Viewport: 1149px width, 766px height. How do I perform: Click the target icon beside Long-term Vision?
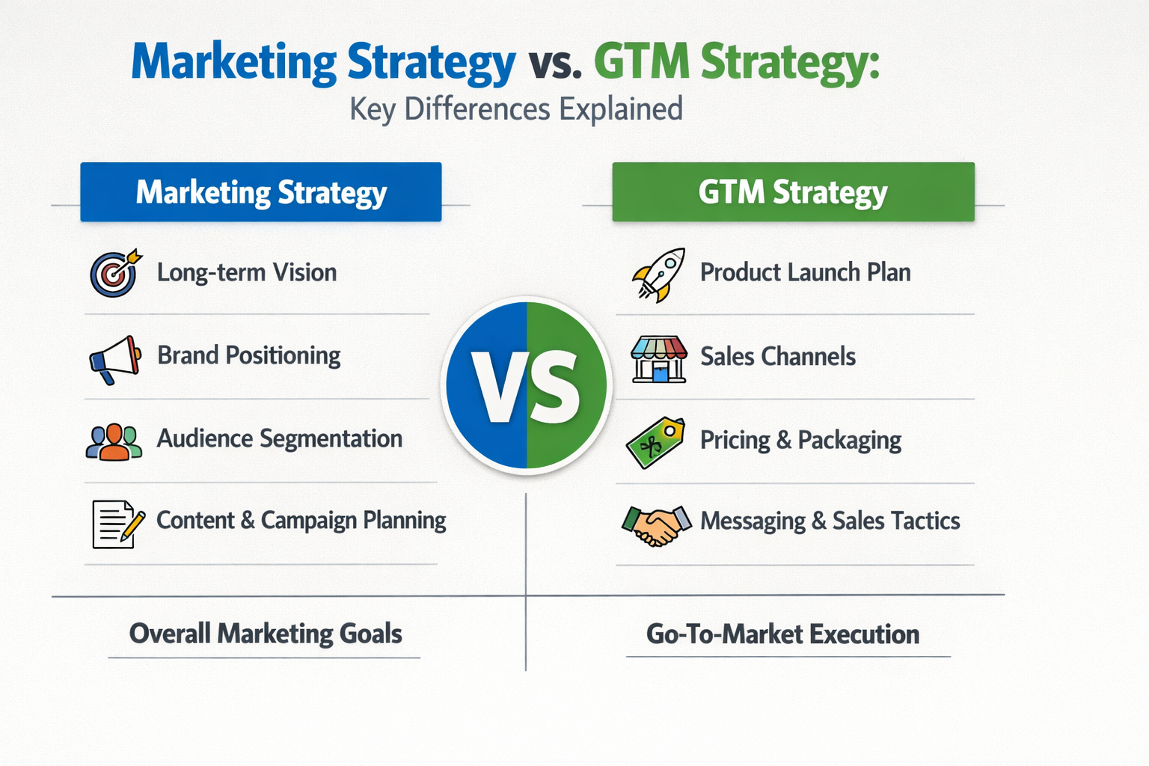[x=114, y=273]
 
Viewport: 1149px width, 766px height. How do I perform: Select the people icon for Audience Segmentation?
[x=114, y=441]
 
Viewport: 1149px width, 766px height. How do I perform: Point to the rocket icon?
[x=659, y=275]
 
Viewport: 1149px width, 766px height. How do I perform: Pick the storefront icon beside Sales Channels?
[x=658, y=359]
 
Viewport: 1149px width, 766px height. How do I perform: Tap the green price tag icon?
[x=655, y=443]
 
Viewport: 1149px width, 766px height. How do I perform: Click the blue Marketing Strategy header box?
[x=261, y=192]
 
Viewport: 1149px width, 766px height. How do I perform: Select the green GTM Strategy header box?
[x=793, y=192]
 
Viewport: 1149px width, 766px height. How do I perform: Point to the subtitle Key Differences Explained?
[x=516, y=109]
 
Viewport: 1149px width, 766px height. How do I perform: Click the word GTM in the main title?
[x=642, y=62]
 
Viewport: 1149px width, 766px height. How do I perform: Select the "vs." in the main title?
[x=554, y=64]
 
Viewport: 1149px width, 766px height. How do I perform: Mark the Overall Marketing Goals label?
[x=266, y=634]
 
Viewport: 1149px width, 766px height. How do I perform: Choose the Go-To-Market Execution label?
[x=782, y=635]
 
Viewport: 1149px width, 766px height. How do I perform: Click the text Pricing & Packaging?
[x=800, y=441]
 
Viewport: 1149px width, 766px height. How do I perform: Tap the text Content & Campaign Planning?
[x=301, y=521]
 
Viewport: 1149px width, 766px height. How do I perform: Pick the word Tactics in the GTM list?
[x=925, y=521]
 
